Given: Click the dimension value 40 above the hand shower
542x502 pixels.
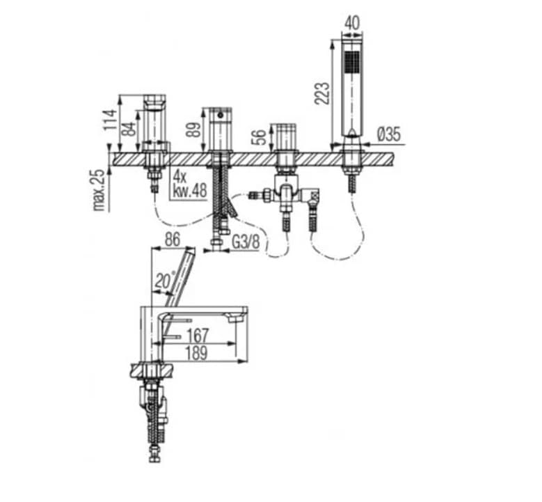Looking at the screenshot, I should coord(353,24).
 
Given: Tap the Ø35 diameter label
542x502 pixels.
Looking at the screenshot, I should coord(389,134).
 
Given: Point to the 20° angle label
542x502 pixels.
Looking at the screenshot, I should coord(164,280).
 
